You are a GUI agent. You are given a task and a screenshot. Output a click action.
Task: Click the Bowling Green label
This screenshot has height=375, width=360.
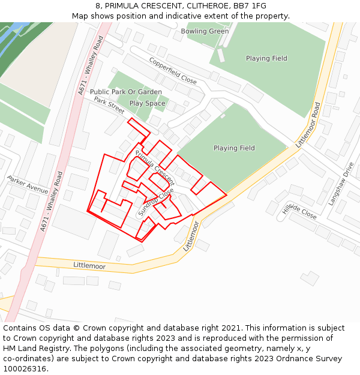[x=205, y=31]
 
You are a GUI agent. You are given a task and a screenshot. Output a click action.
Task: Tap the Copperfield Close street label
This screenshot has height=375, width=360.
[x=173, y=71]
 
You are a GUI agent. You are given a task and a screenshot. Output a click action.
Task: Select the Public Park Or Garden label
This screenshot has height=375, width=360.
[x=126, y=92]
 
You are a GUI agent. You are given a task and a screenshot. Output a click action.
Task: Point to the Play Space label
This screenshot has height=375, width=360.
[x=147, y=103]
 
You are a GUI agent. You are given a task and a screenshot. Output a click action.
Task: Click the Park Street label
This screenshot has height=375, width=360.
[x=109, y=105]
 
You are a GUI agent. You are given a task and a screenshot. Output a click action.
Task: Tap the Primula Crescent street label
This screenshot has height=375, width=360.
[x=154, y=167]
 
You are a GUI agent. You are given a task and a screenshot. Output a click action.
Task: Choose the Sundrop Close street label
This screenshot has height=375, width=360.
[x=156, y=202]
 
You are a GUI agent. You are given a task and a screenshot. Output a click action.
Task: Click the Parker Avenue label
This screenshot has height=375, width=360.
[x=28, y=184]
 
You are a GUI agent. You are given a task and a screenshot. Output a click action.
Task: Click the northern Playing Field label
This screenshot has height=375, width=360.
[x=266, y=58]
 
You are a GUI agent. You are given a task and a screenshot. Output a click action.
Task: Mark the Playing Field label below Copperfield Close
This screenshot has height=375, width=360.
[x=234, y=148]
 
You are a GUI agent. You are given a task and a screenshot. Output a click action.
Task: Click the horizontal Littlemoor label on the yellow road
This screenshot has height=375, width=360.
[x=89, y=265]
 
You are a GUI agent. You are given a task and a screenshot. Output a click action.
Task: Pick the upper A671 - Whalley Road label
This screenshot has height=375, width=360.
[x=91, y=65]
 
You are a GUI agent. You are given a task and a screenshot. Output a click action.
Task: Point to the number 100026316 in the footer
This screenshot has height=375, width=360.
[x=23, y=368]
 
